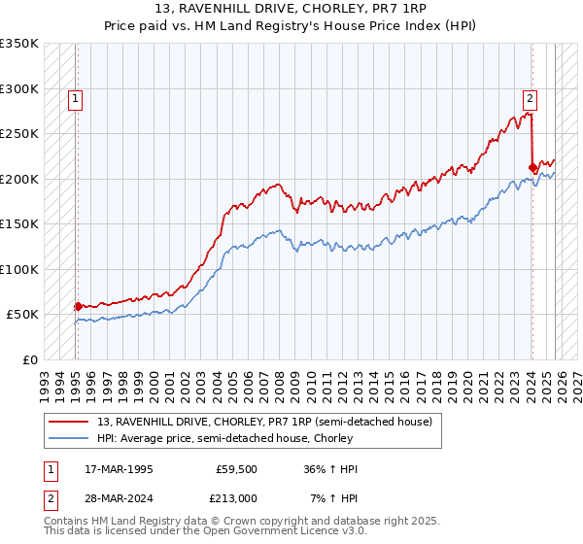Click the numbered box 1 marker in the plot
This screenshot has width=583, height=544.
(x=76, y=97)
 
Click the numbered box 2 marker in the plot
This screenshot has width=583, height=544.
(x=530, y=97)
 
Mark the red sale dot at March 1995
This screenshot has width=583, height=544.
(x=79, y=306)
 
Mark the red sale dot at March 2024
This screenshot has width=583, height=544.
(x=532, y=167)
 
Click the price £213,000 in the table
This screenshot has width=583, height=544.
(x=236, y=497)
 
